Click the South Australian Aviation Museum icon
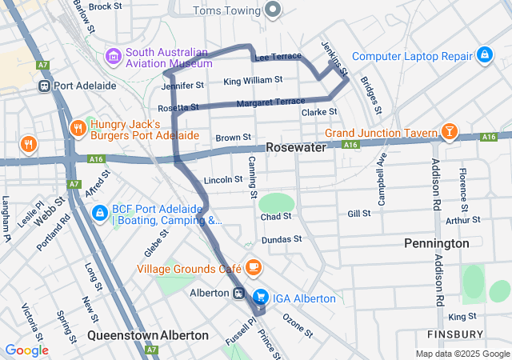click(114, 57)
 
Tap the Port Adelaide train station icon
click(45, 86)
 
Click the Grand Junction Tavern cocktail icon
click(450, 132)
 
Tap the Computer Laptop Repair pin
click(483, 55)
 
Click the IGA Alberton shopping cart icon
click(260, 298)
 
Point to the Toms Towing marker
click(274, 10)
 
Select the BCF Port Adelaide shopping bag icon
click(99, 213)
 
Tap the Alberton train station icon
click(239, 294)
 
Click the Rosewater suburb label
click(296, 148)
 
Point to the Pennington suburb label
click(436, 242)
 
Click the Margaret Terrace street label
click(270, 102)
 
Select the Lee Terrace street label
click(278, 57)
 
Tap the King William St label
click(253, 80)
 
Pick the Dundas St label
click(281, 239)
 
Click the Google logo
click(26, 350)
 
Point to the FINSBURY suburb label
click(455, 334)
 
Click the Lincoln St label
click(223, 180)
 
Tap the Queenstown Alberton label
click(148, 335)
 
